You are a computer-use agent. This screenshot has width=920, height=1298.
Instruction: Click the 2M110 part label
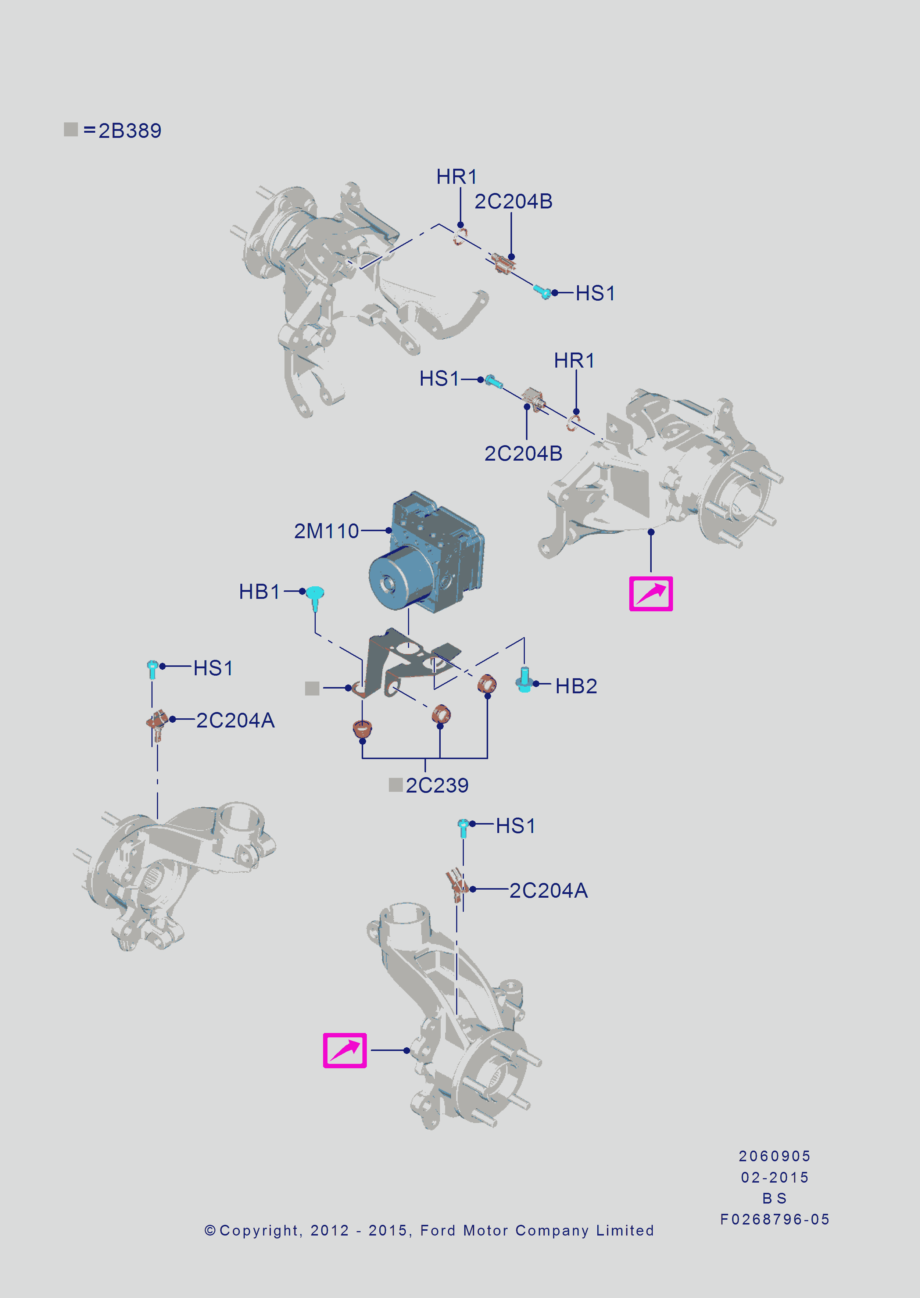click(326, 531)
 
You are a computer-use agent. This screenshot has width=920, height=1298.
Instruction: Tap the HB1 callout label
click(259, 591)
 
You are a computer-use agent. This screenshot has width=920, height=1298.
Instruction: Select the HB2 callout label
click(576, 686)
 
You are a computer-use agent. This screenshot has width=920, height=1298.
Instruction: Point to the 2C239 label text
click(437, 785)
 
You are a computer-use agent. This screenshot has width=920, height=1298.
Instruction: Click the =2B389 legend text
click(122, 130)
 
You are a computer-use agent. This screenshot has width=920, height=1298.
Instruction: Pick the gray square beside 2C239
click(395, 785)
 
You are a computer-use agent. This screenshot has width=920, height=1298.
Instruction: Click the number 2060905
click(774, 1156)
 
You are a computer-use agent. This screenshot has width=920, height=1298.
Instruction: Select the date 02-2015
click(774, 1177)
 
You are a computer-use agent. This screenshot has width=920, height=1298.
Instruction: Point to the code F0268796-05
click(774, 1219)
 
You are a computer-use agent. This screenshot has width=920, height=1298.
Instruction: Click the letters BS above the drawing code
click(774, 1198)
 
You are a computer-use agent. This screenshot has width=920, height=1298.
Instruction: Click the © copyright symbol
click(210, 1231)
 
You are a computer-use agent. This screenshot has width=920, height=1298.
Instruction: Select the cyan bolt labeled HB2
click(524, 679)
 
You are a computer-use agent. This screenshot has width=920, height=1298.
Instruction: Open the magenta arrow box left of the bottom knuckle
click(344, 1050)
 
